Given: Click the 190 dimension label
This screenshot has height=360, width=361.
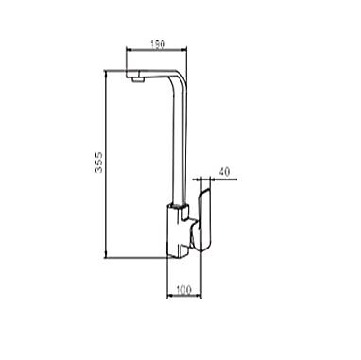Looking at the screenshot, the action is point(158,44).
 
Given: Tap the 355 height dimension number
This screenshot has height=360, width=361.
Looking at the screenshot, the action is point(99,163).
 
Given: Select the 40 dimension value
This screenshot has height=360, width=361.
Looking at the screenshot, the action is point(224,172).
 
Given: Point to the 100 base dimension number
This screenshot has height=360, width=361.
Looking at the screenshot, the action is point(183,289).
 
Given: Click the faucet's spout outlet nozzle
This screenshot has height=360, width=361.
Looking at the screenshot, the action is point(137,80).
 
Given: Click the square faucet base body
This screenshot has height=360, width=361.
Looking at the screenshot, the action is point(177,230).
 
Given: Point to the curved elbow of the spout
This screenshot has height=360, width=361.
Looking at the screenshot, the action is point(179,77).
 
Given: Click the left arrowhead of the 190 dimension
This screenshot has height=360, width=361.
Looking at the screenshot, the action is point(129,49).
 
